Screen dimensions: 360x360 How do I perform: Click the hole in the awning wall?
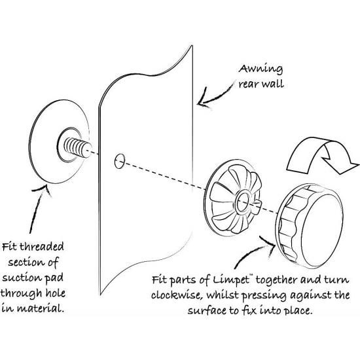(x=119, y=161)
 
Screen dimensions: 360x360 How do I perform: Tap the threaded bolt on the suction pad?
(x=78, y=148)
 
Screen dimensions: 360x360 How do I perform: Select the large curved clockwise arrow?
(x=321, y=156)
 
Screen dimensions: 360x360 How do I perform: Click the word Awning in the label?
(x=261, y=69)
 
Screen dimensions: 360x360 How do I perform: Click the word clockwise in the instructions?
(x=177, y=295)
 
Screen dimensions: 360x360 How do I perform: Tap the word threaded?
(x=42, y=247)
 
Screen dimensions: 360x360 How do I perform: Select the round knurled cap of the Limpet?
(x=310, y=226)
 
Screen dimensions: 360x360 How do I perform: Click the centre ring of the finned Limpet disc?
(x=243, y=202)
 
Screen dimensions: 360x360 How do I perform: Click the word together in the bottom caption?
(x=276, y=280)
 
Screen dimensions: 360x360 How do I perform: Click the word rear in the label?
(x=249, y=84)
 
